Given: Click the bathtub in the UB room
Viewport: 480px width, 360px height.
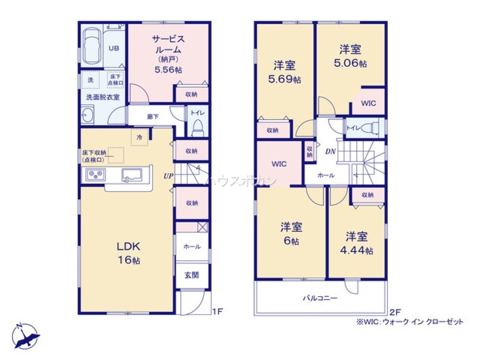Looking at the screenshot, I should point(91,47).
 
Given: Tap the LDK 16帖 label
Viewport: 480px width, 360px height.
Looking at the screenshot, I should point(129,253).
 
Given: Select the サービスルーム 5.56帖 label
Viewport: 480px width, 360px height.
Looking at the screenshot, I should point(168,54).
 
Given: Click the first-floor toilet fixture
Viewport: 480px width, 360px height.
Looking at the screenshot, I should point(197,127).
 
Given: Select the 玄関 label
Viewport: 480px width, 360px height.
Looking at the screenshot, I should point(192,276).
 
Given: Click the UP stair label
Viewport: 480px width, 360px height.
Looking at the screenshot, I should point(168,176).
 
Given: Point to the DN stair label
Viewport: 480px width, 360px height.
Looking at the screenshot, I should point(330,152).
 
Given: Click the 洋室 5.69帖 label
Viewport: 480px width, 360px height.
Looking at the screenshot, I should point(285,72).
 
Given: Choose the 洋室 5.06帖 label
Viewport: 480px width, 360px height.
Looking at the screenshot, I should point(350,55).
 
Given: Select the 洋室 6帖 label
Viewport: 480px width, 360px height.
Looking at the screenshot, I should point(290,234).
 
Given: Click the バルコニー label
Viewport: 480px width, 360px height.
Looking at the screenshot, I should point(320,298).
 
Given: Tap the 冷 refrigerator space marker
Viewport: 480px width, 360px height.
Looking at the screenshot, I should point(139,137).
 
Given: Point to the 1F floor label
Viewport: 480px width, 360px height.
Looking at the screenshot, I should point(217,311).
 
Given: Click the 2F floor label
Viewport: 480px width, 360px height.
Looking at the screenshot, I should point(394,311).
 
